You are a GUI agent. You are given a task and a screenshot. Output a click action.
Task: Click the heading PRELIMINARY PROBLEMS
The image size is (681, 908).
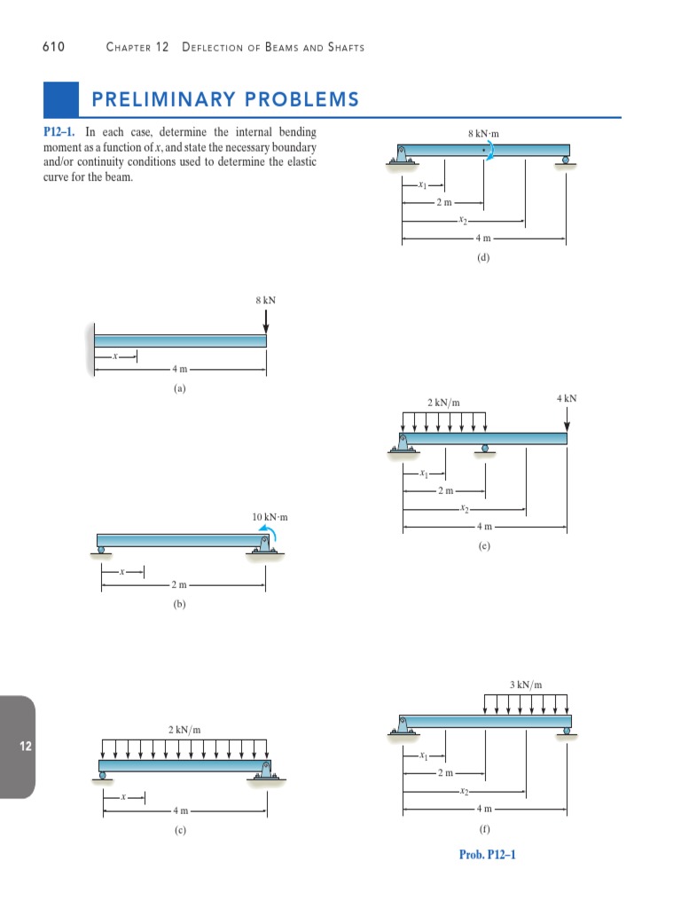pyautogui.click(x=221, y=98)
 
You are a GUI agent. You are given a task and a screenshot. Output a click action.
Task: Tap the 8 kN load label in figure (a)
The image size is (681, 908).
pyautogui.click(x=265, y=301)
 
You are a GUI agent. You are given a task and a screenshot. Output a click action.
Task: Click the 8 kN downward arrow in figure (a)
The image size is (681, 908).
pyautogui.click(x=265, y=321)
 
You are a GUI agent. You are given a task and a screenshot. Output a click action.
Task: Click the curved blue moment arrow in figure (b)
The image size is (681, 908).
pyautogui.click(x=267, y=531)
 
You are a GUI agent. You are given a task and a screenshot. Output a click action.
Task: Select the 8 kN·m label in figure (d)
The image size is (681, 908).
pyautogui.click(x=483, y=134)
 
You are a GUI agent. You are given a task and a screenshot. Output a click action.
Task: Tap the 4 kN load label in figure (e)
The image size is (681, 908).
pyautogui.click(x=567, y=399)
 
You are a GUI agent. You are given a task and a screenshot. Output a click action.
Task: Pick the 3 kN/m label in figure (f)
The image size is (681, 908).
pyautogui.click(x=526, y=684)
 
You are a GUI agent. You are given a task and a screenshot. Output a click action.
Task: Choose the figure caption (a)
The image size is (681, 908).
pyautogui.click(x=180, y=387)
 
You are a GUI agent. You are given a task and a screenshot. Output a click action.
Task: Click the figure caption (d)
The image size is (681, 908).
pyautogui.click(x=483, y=258)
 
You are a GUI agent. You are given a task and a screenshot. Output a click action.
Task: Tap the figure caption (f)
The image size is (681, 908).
pyautogui.click(x=483, y=831)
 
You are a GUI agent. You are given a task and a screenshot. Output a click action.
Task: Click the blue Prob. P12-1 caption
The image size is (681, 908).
pyautogui.click(x=487, y=855)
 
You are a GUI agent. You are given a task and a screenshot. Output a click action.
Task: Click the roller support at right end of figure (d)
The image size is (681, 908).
pyautogui.click(x=565, y=160)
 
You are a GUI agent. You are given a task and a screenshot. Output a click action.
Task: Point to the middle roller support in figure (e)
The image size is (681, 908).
pyautogui.click(x=484, y=449)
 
